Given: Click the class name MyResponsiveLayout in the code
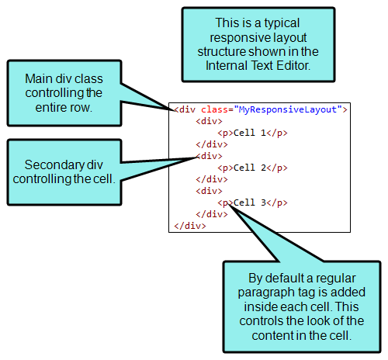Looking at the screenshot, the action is tap(288, 109).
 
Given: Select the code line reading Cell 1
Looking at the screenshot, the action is tap(252, 133).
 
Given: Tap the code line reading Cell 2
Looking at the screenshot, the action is tap(252, 168).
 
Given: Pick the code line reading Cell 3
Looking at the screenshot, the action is tap(252, 202).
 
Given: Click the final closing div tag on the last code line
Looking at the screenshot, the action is tap(190, 226).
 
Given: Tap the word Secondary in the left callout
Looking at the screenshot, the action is tap(54, 165).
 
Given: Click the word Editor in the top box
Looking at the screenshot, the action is tap(293, 65).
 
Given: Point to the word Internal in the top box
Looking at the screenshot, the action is tap(227, 65).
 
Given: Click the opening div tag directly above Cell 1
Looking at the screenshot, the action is tap(209, 121).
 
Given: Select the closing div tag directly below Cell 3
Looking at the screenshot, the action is tap(212, 214).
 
